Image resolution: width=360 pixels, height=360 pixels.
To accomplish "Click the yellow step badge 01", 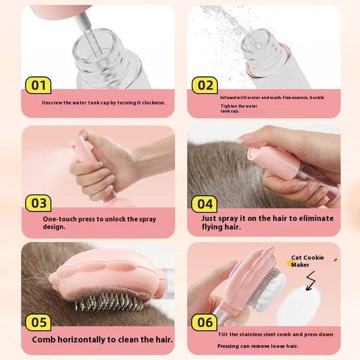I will tap(38, 84).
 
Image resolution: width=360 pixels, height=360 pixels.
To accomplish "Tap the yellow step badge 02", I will tap(204, 84).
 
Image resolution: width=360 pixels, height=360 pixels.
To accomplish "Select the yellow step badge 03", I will tap(38, 203).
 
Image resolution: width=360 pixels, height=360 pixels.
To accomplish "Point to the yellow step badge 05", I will tap(38, 321).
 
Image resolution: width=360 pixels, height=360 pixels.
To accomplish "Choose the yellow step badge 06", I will tap(204, 322).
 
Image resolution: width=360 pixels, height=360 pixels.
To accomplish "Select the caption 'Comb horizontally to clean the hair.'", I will tap(102, 340).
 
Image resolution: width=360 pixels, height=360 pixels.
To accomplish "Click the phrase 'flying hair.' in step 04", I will tap(224, 228).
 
